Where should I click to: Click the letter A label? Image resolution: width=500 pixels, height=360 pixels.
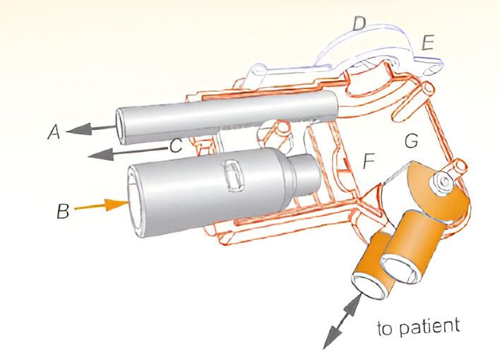tap(52, 131)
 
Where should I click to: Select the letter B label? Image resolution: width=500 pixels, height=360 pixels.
tap(63, 211)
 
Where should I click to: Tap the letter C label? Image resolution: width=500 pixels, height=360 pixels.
tap(176, 147)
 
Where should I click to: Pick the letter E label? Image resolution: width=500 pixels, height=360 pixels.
tap(427, 42)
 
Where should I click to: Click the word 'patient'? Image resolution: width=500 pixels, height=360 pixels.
tap(431, 326)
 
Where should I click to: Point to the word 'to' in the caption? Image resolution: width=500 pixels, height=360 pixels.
tap(386, 330)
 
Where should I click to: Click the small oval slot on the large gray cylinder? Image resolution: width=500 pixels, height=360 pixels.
tap(232, 176)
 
